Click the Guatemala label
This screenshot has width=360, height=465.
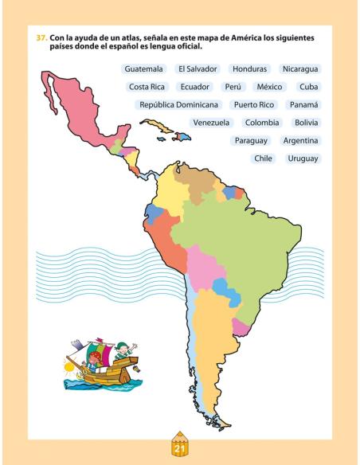click(143, 69)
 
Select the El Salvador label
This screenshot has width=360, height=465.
click(198, 69)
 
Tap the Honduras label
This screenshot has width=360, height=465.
click(250, 69)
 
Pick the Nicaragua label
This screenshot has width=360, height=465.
click(300, 69)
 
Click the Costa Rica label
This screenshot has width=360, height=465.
click(147, 87)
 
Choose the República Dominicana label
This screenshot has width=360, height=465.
click(178, 104)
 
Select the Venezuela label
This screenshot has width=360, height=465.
click(211, 123)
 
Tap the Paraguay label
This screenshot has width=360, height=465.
click(250, 141)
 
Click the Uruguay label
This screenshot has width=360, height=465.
click(303, 158)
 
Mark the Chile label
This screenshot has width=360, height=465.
click(262, 158)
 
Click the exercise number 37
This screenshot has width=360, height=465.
click(41, 37)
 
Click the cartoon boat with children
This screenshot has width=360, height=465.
click(100, 362)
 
